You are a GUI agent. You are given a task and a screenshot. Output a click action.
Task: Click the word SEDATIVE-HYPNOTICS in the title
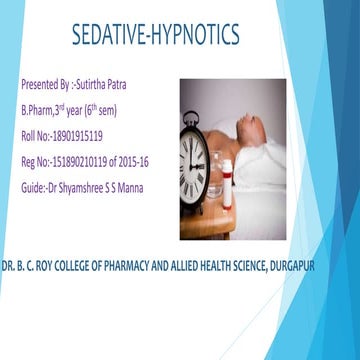tap(155, 36)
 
